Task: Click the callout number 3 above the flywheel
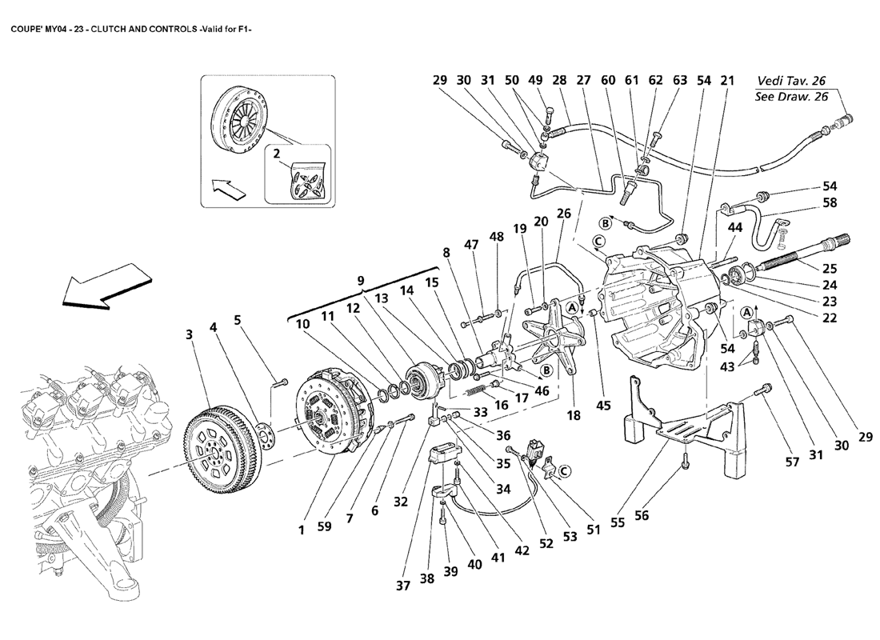tap(189, 334)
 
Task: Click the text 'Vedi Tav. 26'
tap(791, 81)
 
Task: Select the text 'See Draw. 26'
tap(791, 98)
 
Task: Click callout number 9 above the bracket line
tap(362, 281)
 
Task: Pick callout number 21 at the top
tap(726, 81)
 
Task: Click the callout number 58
tap(830, 203)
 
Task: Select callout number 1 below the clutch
tap(302, 529)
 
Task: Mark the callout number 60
tap(608, 81)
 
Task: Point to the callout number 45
tap(604, 406)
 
